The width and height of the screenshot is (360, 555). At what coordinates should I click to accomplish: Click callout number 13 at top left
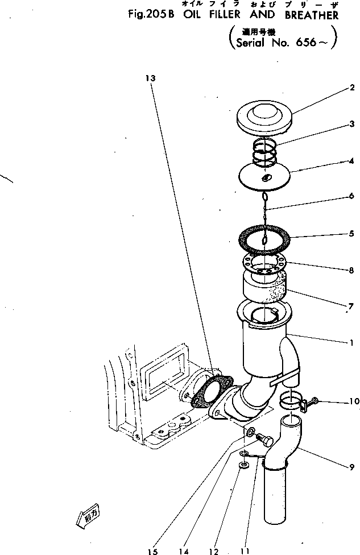150,78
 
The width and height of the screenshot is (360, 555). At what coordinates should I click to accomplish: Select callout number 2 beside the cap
352,88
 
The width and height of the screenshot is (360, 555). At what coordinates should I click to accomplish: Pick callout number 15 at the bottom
152,550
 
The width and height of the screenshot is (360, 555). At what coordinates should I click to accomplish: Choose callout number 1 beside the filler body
352,343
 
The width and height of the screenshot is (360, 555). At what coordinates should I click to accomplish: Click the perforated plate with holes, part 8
265,266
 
